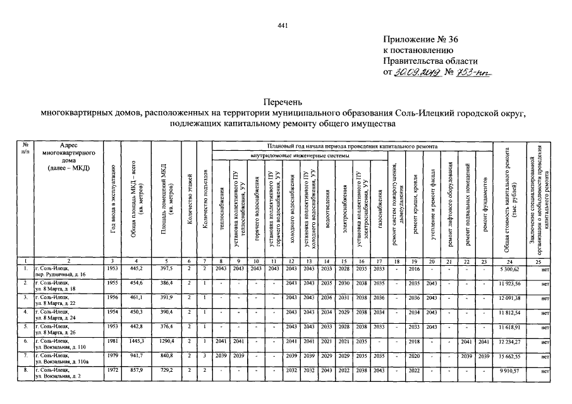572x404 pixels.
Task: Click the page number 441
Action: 283,25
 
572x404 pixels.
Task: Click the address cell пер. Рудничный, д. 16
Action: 65,275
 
